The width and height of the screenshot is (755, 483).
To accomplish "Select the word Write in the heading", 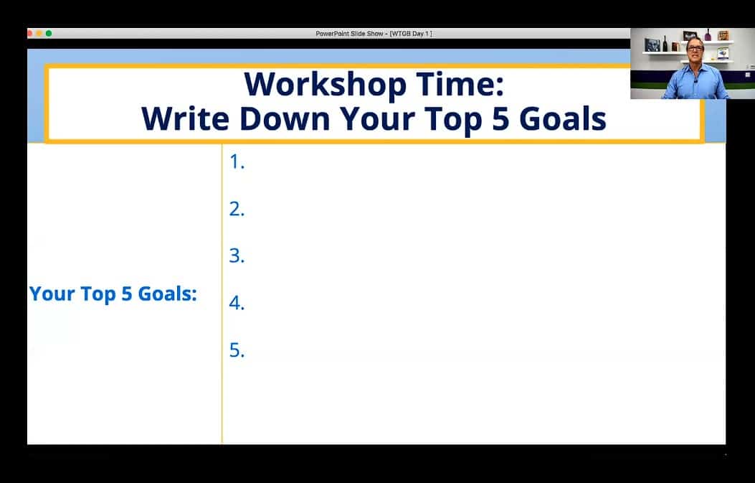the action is pyautogui.click(x=185, y=118).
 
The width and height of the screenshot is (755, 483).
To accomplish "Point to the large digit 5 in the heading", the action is pyautogui.click(x=500, y=119).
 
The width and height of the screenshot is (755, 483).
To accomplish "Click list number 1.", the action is pyautogui.click(x=237, y=161).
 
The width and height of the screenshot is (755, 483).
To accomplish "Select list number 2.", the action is pyautogui.click(x=237, y=209).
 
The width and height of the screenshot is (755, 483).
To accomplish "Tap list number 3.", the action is pyautogui.click(x=237, y=255).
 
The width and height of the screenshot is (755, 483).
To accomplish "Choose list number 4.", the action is pyautogui.click(x=237, y=303).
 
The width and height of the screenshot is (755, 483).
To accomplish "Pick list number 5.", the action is pyautogui.click(x=237, y=350).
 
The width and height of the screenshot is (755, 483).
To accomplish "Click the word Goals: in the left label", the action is pyautogui.click(x=168, y=294).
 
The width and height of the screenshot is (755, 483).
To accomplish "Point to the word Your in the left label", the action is pyautogui.click(x=52, y=294).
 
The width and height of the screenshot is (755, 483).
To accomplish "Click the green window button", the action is pyautogui.click(x=49, y=33).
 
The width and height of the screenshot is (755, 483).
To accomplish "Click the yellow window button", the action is pyautogui.click(x=39, y=33).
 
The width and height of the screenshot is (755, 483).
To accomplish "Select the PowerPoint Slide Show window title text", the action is pyautogui.click(x=374, y=33).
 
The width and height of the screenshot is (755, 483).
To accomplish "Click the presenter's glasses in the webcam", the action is pyautogui.click(x=695, y=48).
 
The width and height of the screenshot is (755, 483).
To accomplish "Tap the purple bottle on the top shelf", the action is pyautogui.click(x=708, y=34).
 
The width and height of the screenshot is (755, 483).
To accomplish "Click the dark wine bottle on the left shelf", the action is pyautogui.click(x=665, y=44).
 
